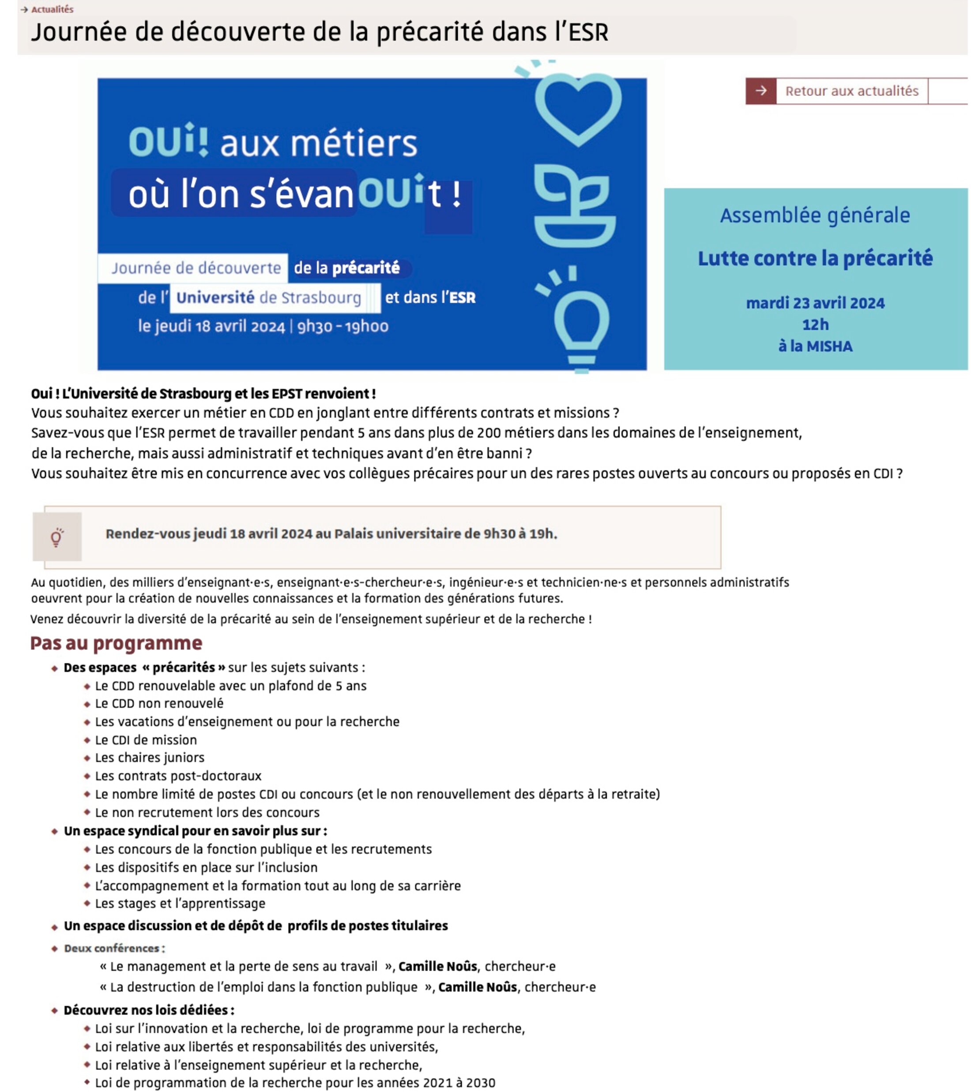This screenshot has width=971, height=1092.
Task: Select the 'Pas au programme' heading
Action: [116, 643]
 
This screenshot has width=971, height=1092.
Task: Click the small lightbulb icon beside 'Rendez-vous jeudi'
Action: [57, 537]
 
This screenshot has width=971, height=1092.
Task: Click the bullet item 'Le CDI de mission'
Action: [146, 740]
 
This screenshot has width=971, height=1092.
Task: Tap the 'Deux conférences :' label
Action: [114, 949]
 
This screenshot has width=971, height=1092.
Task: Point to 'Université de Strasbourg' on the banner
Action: [269, 298]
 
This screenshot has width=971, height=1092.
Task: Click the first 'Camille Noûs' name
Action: [437, 967]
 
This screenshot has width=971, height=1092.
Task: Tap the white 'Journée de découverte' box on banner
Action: [196, 268]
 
